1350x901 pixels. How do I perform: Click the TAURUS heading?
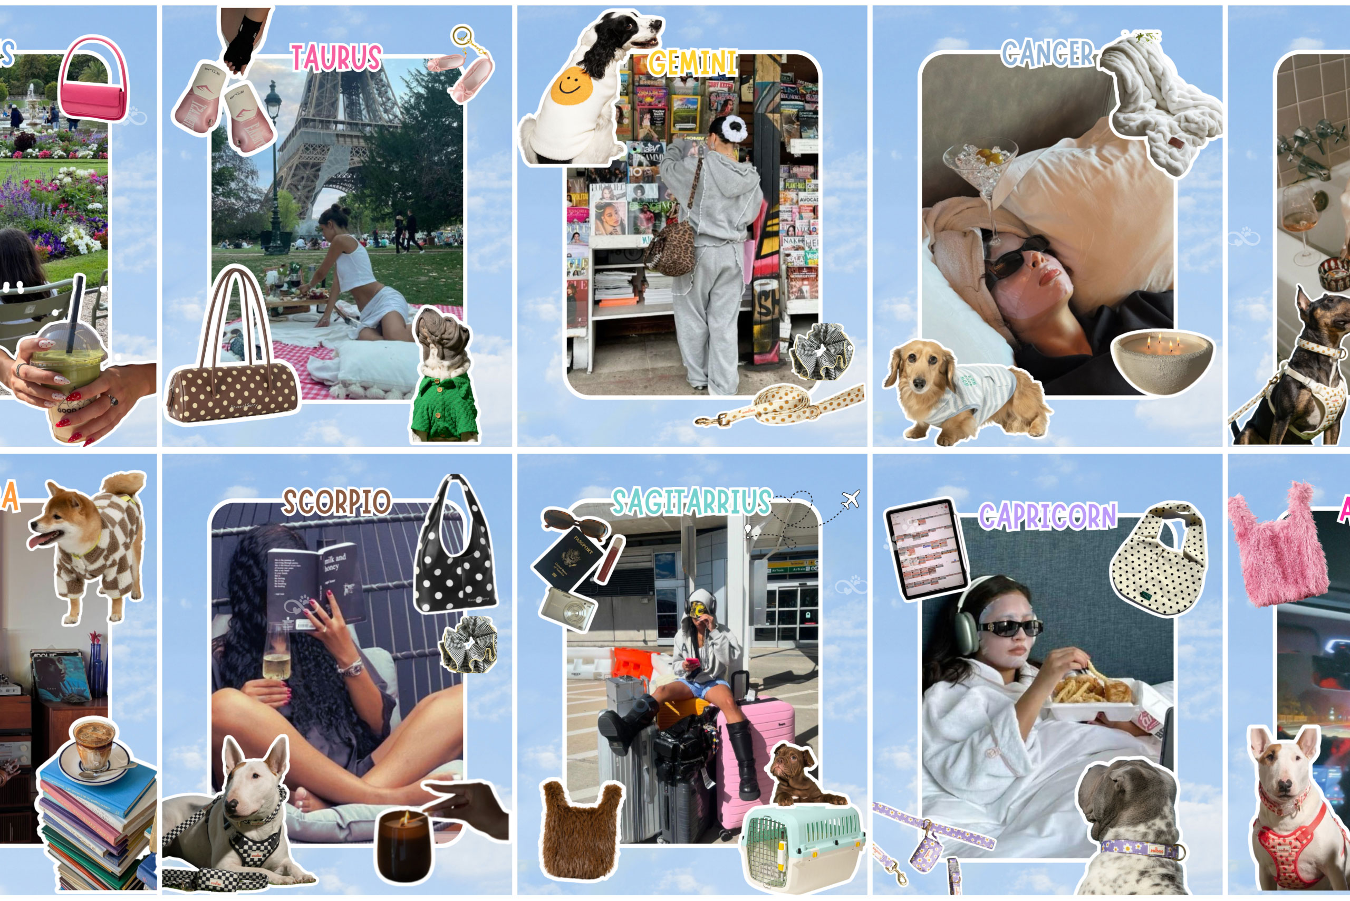click(x=335, y=58)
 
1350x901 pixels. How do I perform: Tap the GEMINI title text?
click(x=692, y=63)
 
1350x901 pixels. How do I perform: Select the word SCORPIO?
click(x=336, y=502)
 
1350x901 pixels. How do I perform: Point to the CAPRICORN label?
click(x=1047, y=515)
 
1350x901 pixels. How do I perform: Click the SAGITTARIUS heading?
click(x=691, y=502)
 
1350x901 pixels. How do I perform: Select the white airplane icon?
click(x=850, y=499)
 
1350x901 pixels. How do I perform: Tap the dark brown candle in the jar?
click(x=404, y=845)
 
